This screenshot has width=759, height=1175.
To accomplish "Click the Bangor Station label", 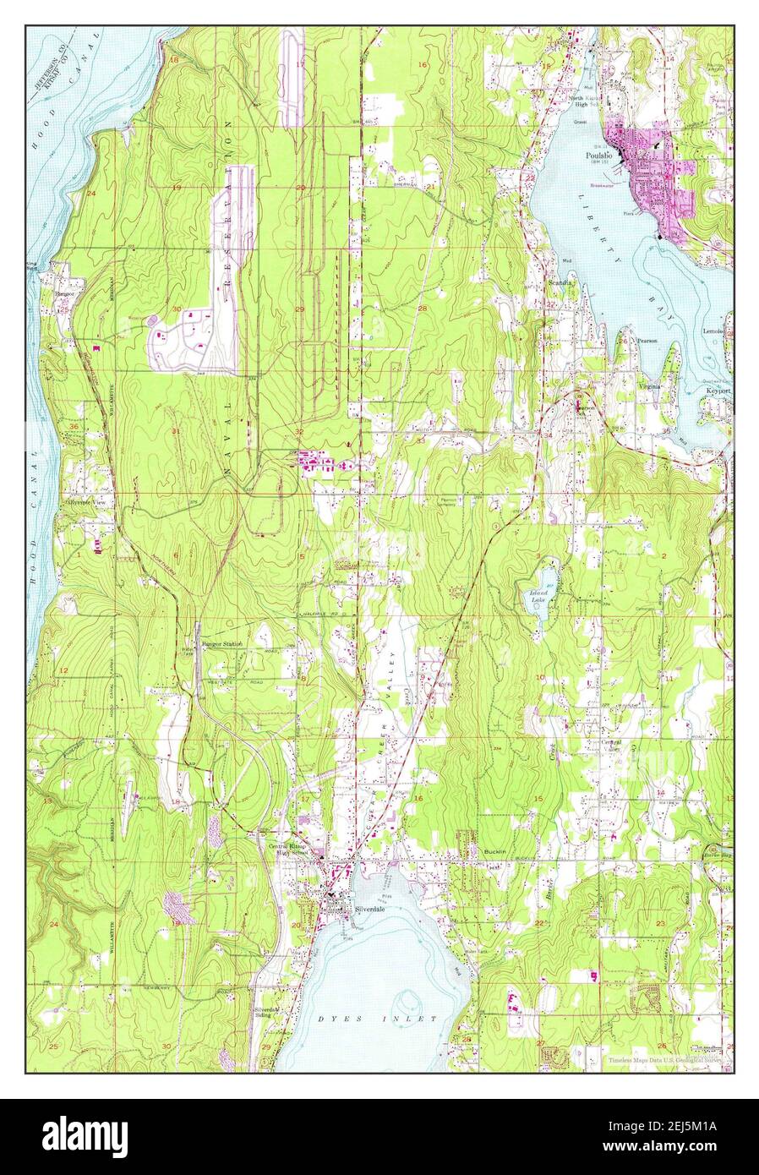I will click(221, 643).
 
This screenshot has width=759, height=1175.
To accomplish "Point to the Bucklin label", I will click(495, 851).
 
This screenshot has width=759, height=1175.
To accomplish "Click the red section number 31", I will click(176, 431).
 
